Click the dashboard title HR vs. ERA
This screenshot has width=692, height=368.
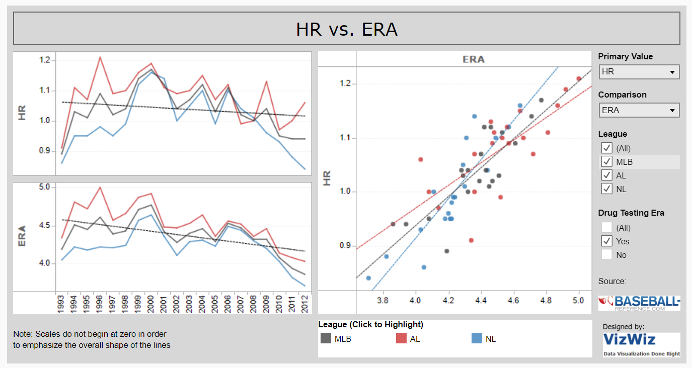[347, 29]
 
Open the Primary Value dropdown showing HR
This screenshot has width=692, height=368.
[639, 72]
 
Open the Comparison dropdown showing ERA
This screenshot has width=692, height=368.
[639, 110]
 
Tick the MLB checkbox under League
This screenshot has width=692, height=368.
[607, 162]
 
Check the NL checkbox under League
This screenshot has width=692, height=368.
[607, 189]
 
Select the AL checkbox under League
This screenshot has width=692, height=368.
[607, 175]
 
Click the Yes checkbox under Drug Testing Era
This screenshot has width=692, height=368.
[607, 241]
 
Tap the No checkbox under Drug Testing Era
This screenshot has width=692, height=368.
[607, 255]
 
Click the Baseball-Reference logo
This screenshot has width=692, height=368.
[639, 303]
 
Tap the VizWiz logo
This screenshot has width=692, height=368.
[641, 344]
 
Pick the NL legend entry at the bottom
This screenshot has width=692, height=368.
[484, 339]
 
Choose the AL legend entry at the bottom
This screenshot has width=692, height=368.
[408, 339]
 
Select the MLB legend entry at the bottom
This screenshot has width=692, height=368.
[336, 339]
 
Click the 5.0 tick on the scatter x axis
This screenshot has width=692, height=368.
[579, 301]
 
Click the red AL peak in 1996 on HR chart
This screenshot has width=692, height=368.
[100, 57]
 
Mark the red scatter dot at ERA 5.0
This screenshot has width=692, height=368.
[579, 78]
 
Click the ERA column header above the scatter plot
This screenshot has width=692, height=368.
[473, 59]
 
